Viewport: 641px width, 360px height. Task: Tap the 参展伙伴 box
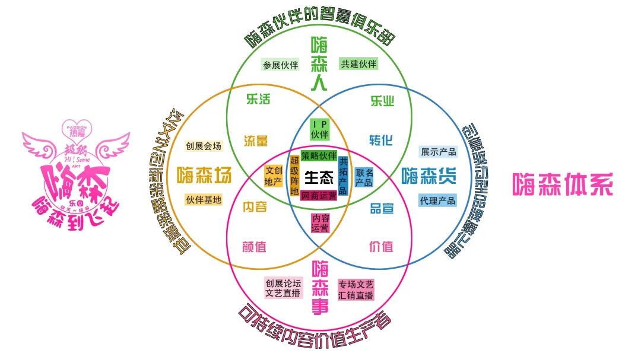281,65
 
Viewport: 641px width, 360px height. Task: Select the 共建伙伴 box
358,63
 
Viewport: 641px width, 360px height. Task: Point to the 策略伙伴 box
319,156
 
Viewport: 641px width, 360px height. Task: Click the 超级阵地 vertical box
294,177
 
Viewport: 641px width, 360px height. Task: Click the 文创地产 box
273,177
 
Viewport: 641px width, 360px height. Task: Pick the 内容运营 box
320,223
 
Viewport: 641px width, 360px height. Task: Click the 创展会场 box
203,146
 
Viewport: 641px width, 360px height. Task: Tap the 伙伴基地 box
204,200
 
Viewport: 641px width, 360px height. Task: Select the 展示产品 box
438,152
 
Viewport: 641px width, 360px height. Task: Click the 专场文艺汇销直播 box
356,289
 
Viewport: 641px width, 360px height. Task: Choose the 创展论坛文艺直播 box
284,288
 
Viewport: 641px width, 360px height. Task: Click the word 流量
256,141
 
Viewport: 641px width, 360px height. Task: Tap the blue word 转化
381,141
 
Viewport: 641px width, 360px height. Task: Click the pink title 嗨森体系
562,185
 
